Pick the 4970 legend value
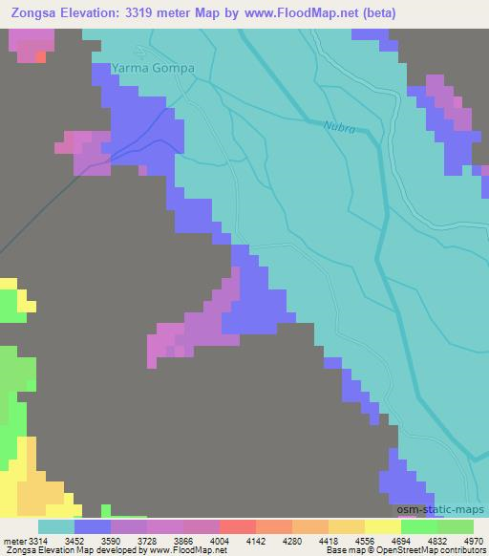(473, 540)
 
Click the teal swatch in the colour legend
(56, 526)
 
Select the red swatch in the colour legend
(238, 526)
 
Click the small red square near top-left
(40, 56)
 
